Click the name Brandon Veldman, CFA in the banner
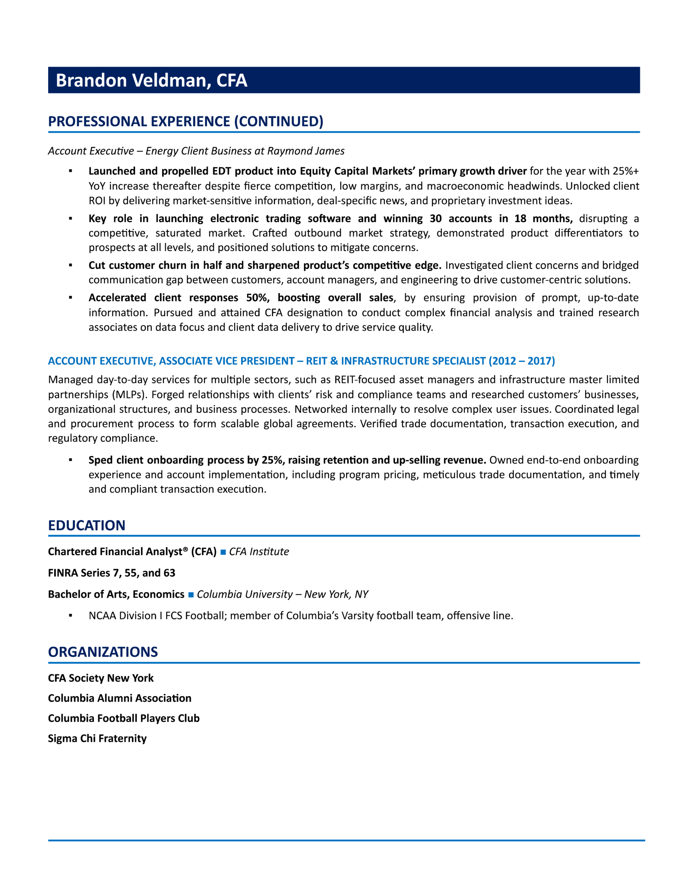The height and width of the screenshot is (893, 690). click(x=151, y=81)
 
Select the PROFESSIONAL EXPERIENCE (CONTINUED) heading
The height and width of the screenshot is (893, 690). click(x=186, y=121)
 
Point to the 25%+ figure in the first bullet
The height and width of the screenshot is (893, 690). click(x=625, y=171)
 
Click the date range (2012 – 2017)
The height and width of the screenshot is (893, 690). click(x=522, y=361)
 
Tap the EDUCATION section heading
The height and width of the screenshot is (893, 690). click(x=87, y=525)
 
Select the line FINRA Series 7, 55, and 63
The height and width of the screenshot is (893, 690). click(x=112, y=573)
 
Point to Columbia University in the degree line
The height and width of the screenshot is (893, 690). click(x=245, y=594)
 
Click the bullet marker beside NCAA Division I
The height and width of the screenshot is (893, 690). click(x=71, y=615)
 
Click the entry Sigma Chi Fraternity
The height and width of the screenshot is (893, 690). click(x=97, y=738)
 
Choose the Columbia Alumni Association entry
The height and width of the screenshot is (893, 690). click(x=119, y=698)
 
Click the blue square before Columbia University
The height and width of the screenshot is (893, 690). click(x=190, y=594)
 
